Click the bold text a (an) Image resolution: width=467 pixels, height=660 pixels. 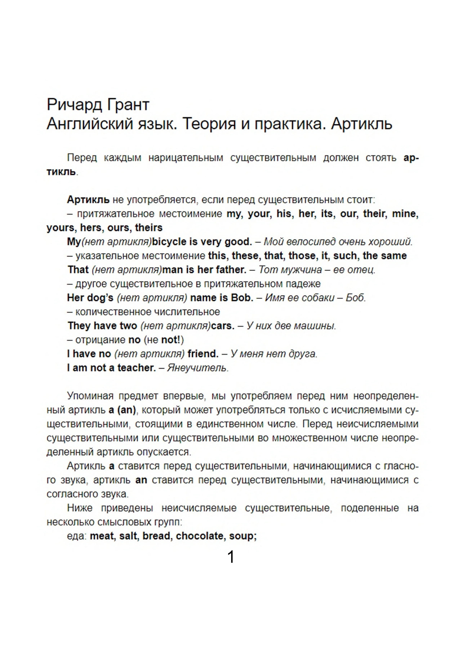pos(122,410)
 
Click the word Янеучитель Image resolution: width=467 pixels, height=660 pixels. pos(198,368)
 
